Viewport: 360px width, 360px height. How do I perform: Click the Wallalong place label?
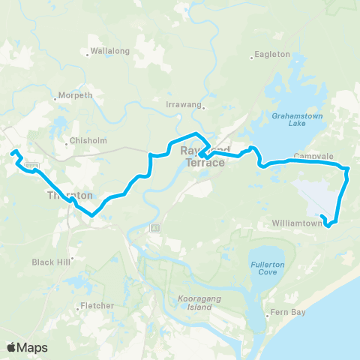[x=110, y=51]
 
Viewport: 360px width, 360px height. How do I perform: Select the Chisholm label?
[x=89, y=140]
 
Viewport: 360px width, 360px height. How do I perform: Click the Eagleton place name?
[x=272, y=55]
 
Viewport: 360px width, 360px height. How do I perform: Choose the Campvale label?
[x=307, y=156]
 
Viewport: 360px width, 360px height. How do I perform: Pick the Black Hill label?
[x=50, y=262]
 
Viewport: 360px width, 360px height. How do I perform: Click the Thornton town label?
[x=70, y=195]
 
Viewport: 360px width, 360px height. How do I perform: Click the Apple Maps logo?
[x=27, y=347]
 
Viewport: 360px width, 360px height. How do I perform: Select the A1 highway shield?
[x=155, y=227]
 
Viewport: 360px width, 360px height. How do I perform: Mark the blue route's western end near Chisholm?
[x=13, y=154]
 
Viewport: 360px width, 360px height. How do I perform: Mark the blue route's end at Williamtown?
[x=321, y=216]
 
